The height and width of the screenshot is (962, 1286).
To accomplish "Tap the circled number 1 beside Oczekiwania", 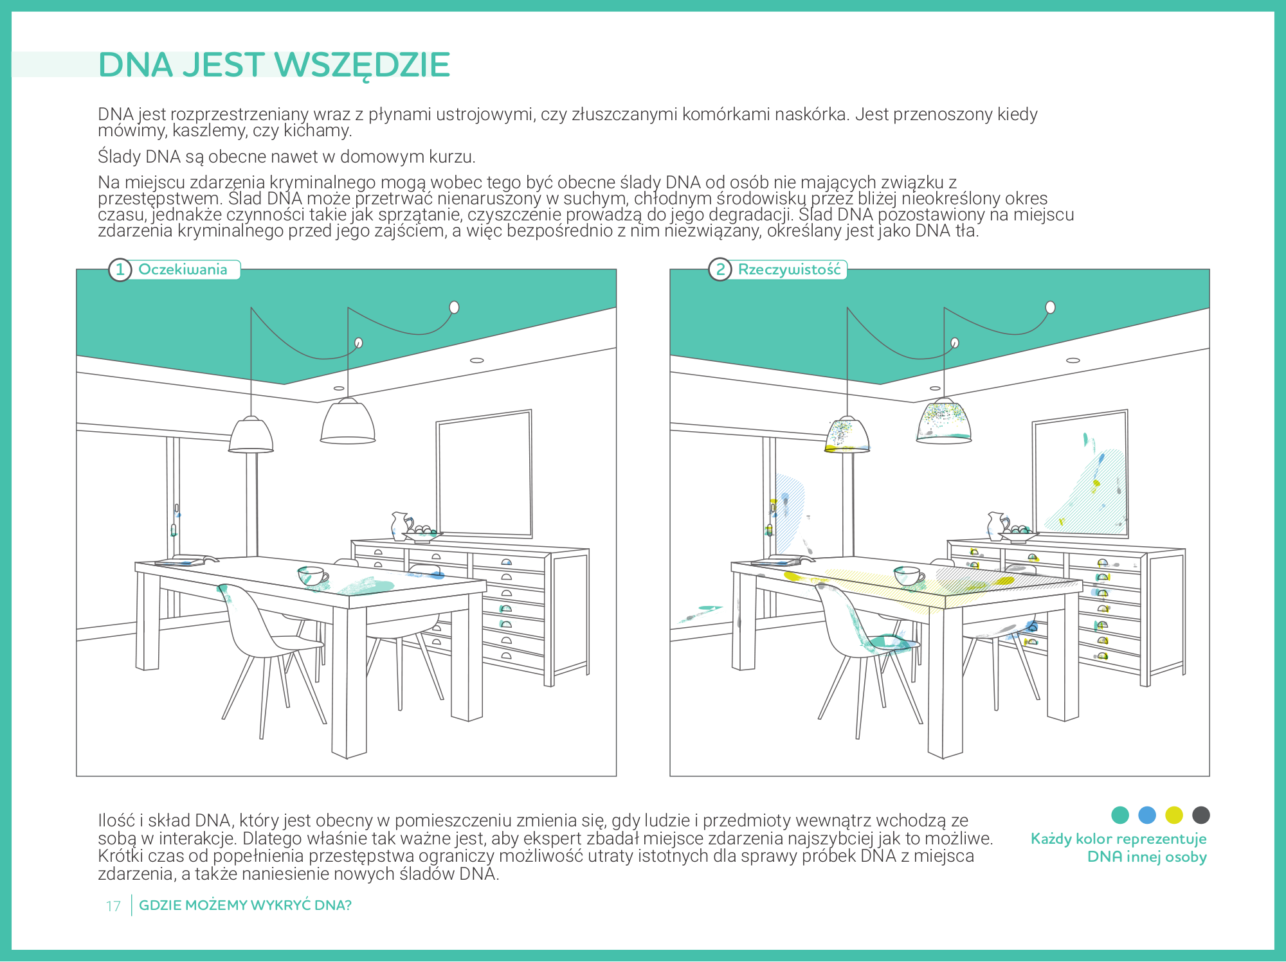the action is point(120,269).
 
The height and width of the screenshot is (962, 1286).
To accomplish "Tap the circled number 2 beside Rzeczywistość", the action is point(720,269).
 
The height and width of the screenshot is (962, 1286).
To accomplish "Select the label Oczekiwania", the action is point(183,269).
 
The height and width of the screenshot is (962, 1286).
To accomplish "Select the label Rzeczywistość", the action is point(789,269).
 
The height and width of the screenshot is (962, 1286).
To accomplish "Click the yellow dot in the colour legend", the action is point(1174,815).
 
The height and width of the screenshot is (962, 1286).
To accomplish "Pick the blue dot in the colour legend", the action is point(1147,815).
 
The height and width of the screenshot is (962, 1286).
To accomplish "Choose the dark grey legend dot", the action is point(1201,815).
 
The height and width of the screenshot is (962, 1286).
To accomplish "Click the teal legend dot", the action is point(1120,815).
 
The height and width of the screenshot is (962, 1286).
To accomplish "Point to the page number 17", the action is point(113,906).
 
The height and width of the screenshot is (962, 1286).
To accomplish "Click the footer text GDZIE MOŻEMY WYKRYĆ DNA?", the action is point(245,905).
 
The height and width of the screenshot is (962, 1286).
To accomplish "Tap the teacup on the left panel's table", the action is point(312,576).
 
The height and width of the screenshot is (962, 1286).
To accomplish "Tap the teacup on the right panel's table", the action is point(909,576).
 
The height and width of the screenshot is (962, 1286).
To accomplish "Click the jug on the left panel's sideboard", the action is point(400,525).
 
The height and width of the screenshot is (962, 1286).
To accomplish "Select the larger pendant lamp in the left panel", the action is point(348,422).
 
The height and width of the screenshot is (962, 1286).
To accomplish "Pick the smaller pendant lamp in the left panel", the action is point(251,435).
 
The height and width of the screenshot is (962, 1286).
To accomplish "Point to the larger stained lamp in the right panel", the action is point(944,422).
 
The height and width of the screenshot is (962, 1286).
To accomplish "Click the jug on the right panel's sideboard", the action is point(997,525).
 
